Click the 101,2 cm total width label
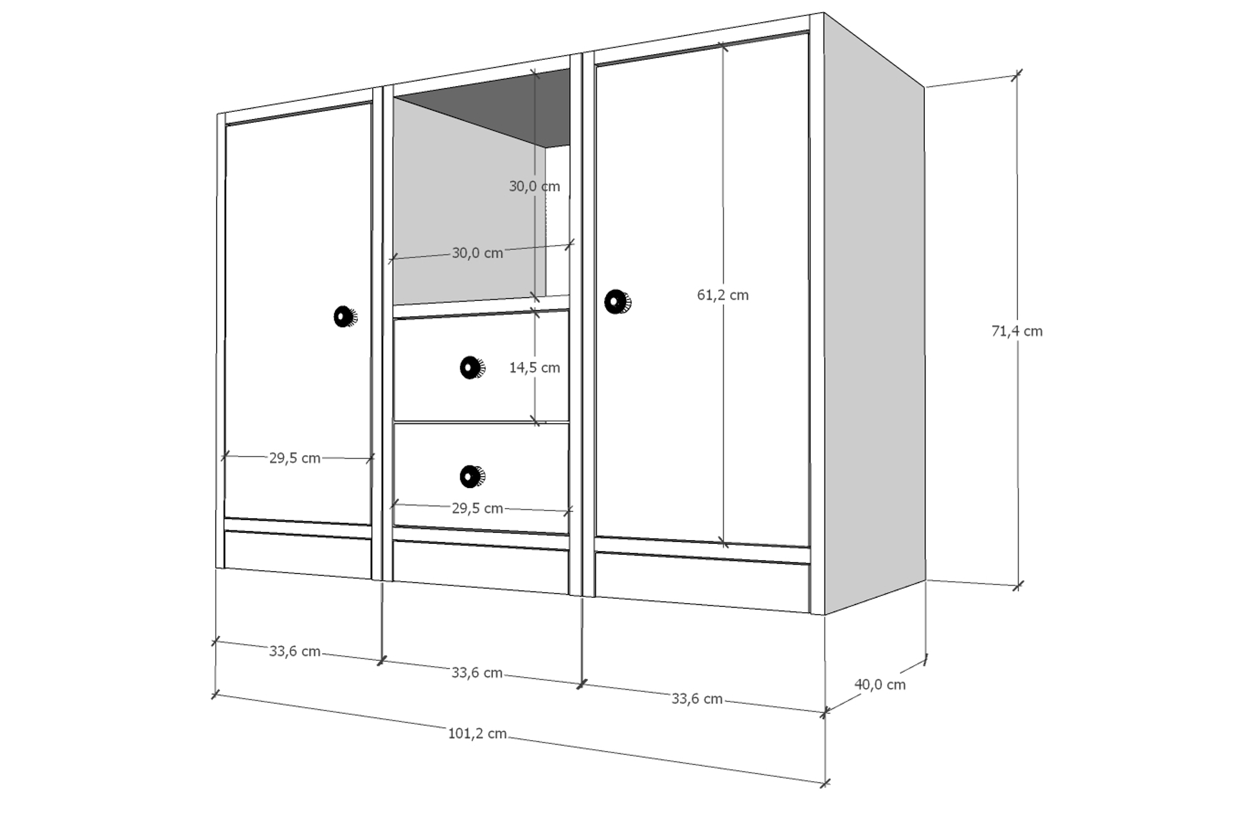pyautogui.click(x=477, y=733)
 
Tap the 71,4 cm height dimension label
pyautogui.click(x=1017, y=331)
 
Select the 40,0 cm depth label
pyautogui.click(x=880, y=685)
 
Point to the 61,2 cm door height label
pyautogui.click(x=723, y=295)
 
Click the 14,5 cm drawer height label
pyautogui.click(x=535, y=368)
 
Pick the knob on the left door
pyautogui.click(x=345, y=317)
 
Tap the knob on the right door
pyautogui.click(x=617, y=302)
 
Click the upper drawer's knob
pyautogui.click(x=472, y=368)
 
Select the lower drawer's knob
pyautogui.click(x=472, y=476)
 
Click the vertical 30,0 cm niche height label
pyautogui.click(x=535, y=186)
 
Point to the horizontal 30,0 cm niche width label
pyautogui.click(x=477, y=253)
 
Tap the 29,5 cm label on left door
pyautogui.click(x=294, y=458)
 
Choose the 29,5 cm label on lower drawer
pyautogui.click(x=477, y=509)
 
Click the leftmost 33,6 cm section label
pyautogui.click(x=294, y=651)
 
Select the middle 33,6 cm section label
pyautogui.click(x=477, y=673)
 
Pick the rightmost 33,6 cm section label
pyautogui.click(x=697, y=699)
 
